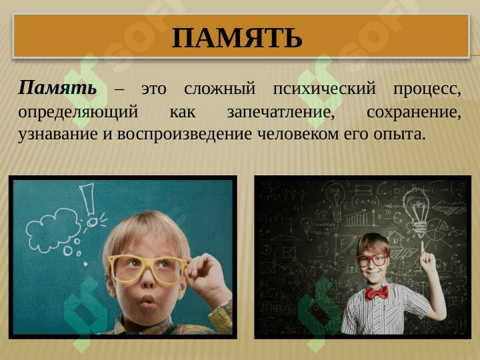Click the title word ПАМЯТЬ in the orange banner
coord(237,39)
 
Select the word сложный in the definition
coord(220,89)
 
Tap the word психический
coord(324,89)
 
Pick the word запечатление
coord(280,111)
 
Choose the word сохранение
coord(413,111)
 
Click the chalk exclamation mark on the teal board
coord(89,203)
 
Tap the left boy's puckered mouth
coord(147,304)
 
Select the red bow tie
coord(377,292)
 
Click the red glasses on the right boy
coord(372,260)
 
